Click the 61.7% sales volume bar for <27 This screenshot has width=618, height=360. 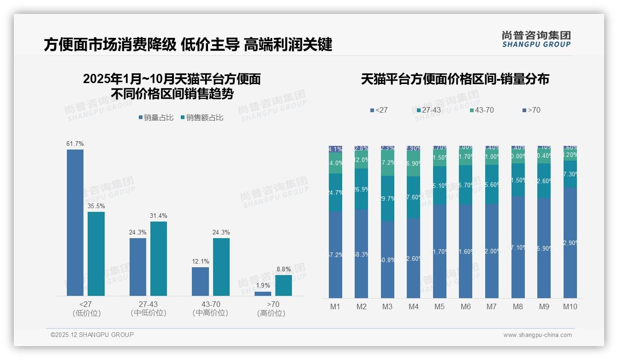[75, 222]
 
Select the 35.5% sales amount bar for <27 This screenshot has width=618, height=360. [96, 253]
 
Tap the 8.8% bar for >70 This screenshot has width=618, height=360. [284, 285]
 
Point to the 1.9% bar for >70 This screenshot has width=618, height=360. [263, 294]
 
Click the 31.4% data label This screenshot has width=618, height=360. [159, 216]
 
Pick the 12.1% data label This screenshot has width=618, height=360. [201, 262]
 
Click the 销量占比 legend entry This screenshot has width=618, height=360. [156, 118]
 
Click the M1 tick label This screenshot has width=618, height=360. [335, 306]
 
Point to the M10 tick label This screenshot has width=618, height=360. [570, 306]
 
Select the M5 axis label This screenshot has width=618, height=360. [440, 306]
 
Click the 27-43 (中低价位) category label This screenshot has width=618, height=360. [148, 308]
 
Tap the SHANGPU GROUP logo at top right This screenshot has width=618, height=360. [536, 39]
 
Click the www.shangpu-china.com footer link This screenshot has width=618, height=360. [537, 335]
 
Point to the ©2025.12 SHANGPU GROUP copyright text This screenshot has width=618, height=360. [92, 335]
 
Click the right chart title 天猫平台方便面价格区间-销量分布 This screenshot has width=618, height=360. [455, 79]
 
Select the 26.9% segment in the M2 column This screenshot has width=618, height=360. [361, 189]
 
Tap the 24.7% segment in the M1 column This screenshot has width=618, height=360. [335, 192]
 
